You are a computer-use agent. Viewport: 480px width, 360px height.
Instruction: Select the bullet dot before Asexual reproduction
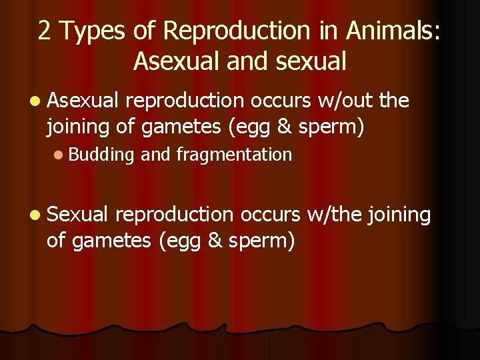tap(34, 101)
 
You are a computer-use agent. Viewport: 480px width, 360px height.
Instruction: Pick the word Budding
tap(101, 155)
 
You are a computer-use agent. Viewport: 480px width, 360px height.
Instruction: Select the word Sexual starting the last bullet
tap(77, 215)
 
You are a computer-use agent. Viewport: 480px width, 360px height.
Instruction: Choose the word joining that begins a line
tap(81, 126)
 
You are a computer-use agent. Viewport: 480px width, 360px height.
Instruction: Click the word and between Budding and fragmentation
tap(157, 155)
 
